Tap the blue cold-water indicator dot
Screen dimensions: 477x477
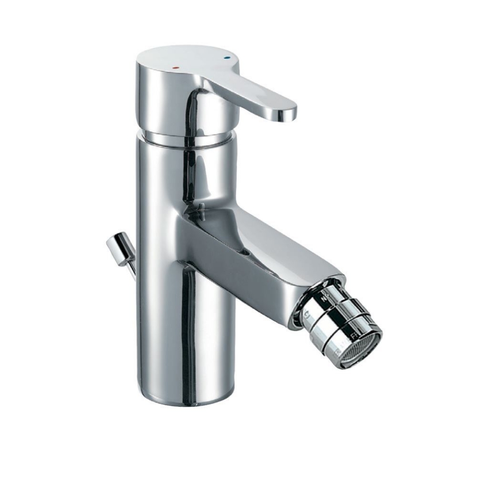pos(228,59)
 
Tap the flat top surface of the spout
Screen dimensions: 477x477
pos(278,243)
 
